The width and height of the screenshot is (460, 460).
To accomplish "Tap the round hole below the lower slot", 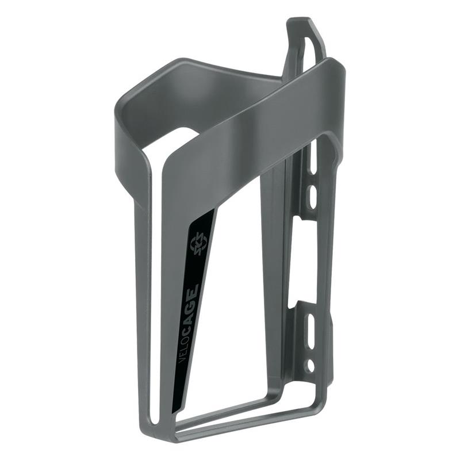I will coord(310,365).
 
